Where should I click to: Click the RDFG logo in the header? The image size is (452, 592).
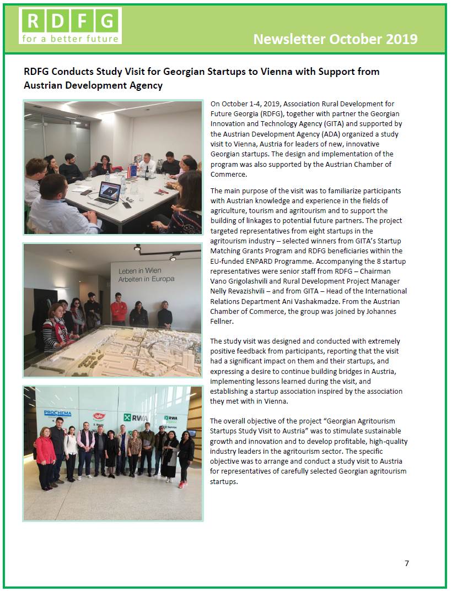70,25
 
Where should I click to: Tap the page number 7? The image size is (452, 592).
407,563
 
